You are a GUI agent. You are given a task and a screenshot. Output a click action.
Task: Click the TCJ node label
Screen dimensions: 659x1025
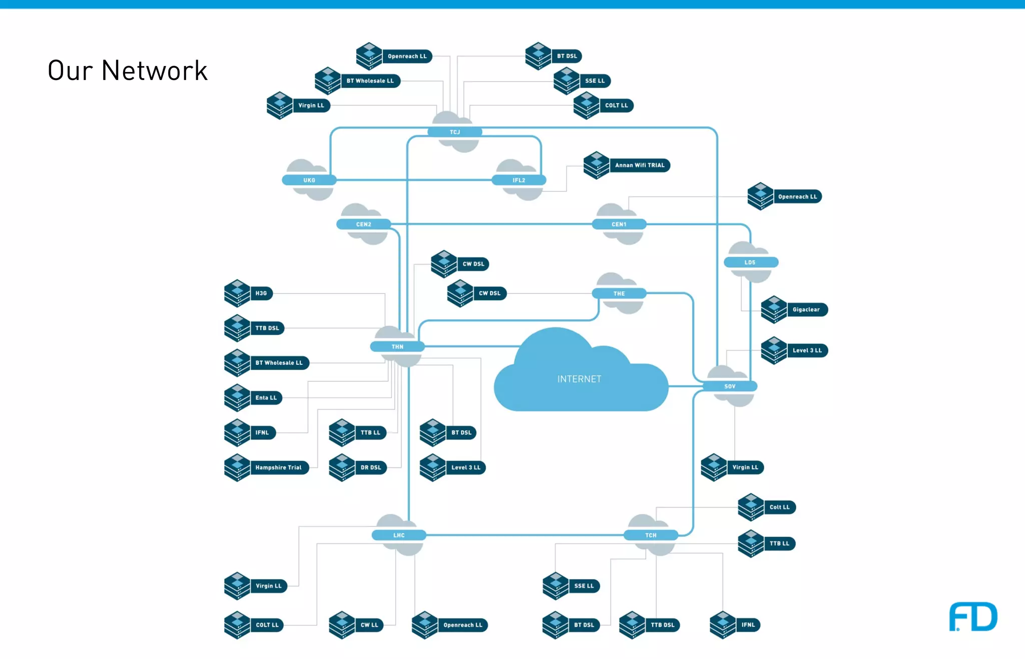coord(454,132)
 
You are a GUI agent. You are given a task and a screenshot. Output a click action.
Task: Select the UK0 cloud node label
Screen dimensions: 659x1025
coord(309,180)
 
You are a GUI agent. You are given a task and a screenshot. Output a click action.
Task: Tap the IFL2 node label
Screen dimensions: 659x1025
coord(519,180)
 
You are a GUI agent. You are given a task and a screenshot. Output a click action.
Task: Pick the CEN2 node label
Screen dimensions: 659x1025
coord(363,224)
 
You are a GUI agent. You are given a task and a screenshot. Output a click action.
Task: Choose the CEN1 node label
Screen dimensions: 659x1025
coord(619,224)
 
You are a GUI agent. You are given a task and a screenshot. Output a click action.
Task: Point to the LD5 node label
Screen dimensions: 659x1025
coord(750,262)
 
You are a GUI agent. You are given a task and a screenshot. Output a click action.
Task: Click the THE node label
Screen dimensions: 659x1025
coord(619,294)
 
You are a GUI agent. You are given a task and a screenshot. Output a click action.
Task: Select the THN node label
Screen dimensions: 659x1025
coord(397,347)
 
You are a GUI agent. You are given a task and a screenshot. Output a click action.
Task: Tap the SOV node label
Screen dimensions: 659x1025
coord(730,386)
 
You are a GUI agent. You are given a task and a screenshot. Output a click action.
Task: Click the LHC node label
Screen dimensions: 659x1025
coord(399,535)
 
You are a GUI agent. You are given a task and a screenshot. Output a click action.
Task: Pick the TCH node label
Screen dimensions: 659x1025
coord(651,535)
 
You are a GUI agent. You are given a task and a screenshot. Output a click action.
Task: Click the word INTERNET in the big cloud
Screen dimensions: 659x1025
coord(579,379)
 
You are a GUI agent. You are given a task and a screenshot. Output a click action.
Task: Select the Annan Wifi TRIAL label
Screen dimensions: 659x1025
coord(640,165)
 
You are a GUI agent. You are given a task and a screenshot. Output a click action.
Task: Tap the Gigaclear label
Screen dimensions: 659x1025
coord(806,310)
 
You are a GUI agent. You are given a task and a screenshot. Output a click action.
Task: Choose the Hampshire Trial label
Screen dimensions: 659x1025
coord(278,468)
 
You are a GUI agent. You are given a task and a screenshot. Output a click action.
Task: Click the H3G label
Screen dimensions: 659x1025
coord(261,293)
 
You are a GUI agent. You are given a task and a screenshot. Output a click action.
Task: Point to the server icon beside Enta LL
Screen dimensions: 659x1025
coord(237,398)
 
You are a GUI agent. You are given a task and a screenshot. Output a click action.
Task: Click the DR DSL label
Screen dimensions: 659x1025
coord(371,468)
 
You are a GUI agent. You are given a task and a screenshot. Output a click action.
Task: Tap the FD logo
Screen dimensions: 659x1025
coord(972,617)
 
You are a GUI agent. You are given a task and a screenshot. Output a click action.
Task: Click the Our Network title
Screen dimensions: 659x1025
coord(127,71)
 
